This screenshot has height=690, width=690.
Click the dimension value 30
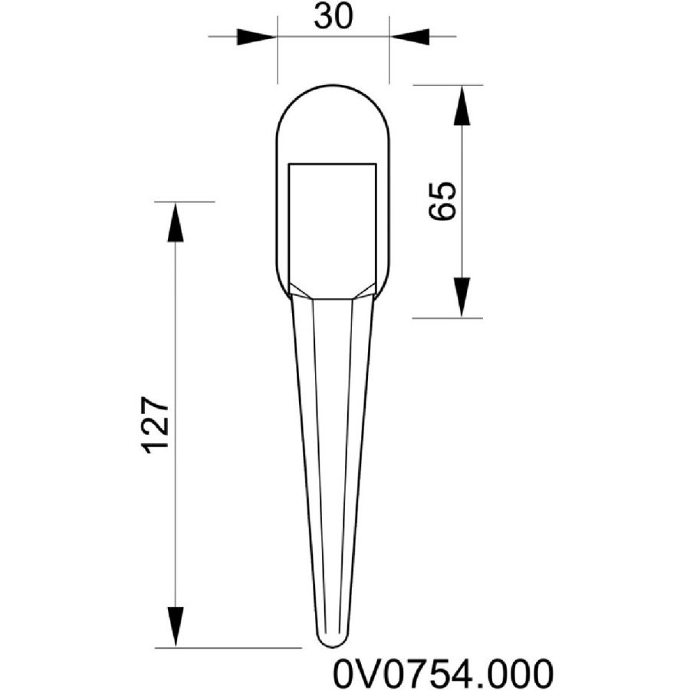tap(333, 18)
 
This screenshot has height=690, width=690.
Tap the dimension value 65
tap(442, 200)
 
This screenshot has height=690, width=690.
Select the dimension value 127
tap(156, 425)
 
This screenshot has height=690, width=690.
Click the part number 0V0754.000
tap(442, 672)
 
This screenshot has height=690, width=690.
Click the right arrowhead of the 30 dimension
tap(409, 37)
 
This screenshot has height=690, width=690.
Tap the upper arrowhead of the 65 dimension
tap(462, 106)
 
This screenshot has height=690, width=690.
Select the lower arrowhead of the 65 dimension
tap(462, 297)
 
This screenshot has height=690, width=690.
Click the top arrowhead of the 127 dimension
tap(176, 222)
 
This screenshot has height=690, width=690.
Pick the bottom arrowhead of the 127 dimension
tap(176, 627)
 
